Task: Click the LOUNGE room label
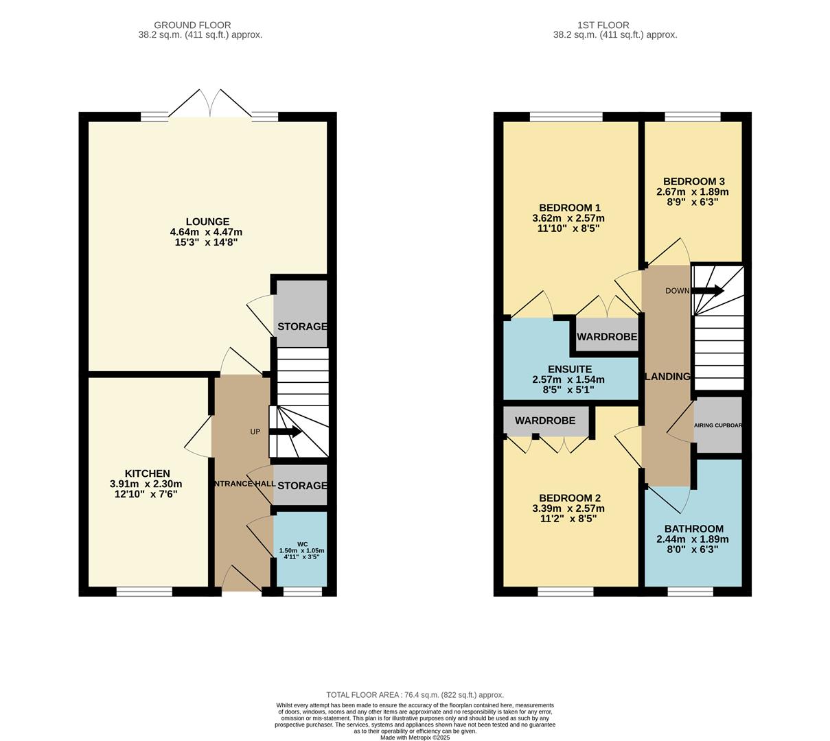pyautogui.click(x=207, y=222)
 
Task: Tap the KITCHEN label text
pyautogui.click(x=147, y=473)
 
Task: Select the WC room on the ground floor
pyautogui.click(x=301, y=550)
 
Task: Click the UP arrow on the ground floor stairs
pyautogui.click(x=285, y=432)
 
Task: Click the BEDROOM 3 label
pyautogui.click(x=692, y=182)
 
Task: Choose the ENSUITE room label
pyautogui.click(x=570, y=369)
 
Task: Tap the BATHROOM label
pyautogui.click(x=693, y=529)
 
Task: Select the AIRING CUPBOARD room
pyautogui.click(x=718, y=425)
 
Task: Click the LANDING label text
pyautogui.click(x=667, y=377)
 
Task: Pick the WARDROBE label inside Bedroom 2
pyautogui.click(x=545, y=421)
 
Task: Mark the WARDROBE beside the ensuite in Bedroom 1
pyautogui.click(x=607, y=337)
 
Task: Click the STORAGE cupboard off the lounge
pyautogui.click(x=302, y=327)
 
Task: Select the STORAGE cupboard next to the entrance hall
pyautogui.click(x=302, y=486)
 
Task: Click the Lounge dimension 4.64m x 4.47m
pyautogui.click(x=206, y=232)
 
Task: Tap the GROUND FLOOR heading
pyautogui.click(x=192, y=25)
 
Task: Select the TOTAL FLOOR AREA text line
pyautogui.click(x=415, y=694)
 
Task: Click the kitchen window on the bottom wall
pyautogui.click(x=144, y=591)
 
